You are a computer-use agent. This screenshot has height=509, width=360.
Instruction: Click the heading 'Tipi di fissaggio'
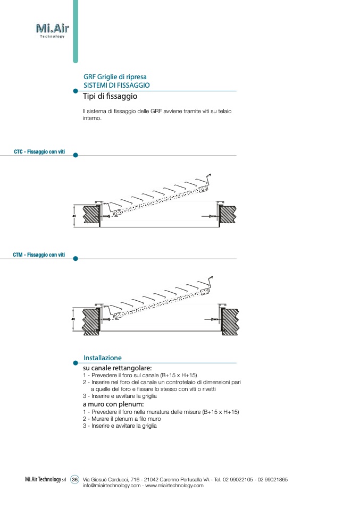tap(110, 97)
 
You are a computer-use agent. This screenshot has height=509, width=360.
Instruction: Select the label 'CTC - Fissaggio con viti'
tap(39, 152)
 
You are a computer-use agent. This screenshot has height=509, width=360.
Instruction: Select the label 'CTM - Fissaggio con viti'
tap(39, 255)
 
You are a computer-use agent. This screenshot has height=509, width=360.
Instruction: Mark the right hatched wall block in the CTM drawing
tap(230, 319)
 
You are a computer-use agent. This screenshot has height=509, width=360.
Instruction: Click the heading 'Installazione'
tap(103, 358)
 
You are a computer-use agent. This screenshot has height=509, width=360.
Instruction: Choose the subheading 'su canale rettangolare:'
tap(118, 368)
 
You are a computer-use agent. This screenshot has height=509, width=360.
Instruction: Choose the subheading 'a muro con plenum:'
tap(114, 404)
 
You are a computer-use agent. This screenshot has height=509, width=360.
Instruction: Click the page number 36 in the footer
tap(75, 479)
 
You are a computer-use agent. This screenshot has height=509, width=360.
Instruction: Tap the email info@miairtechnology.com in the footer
tap(112, 486)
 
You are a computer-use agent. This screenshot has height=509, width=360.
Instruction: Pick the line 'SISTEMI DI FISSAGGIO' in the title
tap(116, 85)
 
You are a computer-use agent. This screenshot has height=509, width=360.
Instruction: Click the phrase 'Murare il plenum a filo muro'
tap(120, 419)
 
